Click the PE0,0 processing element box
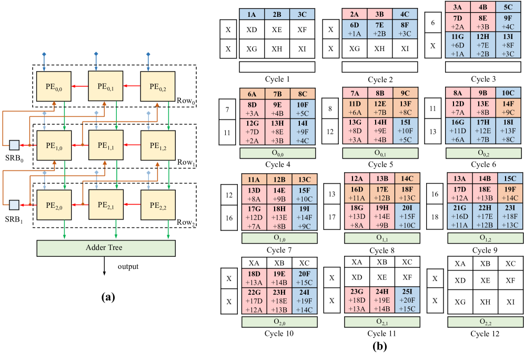point(54,87)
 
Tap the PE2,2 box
point(158,204)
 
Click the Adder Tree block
point(106,248)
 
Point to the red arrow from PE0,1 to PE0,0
point(79,86)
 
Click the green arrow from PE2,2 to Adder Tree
point(168,229)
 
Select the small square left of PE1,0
point(14,145)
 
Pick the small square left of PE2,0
point(14,205)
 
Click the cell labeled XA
point(254,263)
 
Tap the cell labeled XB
point(279,263)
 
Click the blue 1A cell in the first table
point(252,15)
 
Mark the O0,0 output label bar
point(278,153)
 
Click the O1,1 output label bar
point(382,238)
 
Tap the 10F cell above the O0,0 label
point(303,109)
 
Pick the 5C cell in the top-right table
point(508,7)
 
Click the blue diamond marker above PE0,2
point(148,54)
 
